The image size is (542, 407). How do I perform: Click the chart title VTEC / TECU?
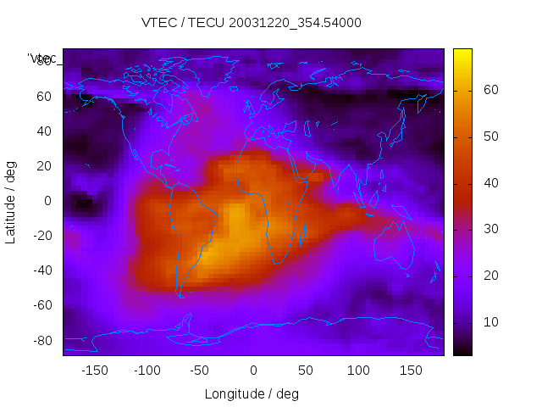252,23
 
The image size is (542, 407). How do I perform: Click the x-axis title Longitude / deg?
252,393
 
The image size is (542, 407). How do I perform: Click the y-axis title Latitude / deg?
11,200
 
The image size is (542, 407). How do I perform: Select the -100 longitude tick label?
147,370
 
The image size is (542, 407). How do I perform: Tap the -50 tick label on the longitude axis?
200,370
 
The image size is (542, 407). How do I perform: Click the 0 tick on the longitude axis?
252,370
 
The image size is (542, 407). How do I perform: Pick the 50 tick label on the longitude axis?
305,370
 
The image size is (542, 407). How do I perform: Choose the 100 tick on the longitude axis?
358,370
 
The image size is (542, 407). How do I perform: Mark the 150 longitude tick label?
411,370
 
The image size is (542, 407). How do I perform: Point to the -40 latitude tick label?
39,270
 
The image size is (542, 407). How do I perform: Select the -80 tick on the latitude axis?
39,340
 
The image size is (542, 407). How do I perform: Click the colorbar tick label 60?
489,90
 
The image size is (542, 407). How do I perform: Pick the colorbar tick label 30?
489,229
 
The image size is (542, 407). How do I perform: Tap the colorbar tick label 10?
489,322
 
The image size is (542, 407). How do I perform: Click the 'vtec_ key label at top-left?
42,59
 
